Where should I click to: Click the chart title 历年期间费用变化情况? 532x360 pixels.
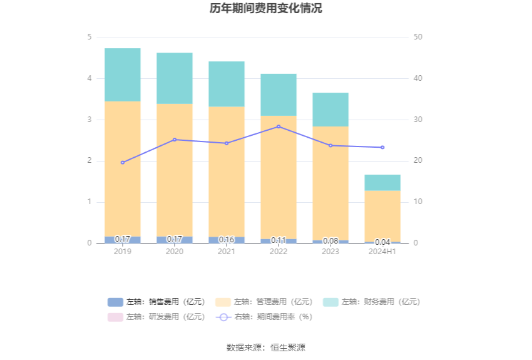pos(266,9)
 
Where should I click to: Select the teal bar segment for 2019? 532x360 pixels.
pos(122,75)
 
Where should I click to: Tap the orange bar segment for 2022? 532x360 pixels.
pos(279,177)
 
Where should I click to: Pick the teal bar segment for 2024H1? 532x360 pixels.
pos(382,182)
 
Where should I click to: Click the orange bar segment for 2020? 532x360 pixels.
pos(174,170)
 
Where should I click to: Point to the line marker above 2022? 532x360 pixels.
pos(279,126)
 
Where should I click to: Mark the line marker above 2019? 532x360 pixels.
pos(122,163)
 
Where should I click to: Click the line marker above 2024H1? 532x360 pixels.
pos(382,147)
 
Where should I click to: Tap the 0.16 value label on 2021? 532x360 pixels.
pos(227,239)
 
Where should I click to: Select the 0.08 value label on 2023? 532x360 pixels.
pos(330,240)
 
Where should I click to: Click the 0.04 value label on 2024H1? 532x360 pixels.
pos(382,242)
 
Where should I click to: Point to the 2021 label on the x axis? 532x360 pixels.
pos(227,252)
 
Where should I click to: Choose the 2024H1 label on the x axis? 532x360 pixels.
pos(382,252)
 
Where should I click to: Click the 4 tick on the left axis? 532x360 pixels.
pos(90,78)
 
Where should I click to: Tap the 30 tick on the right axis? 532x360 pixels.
pos(418,120)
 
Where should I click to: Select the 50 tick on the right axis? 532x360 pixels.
pos(418,38)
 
